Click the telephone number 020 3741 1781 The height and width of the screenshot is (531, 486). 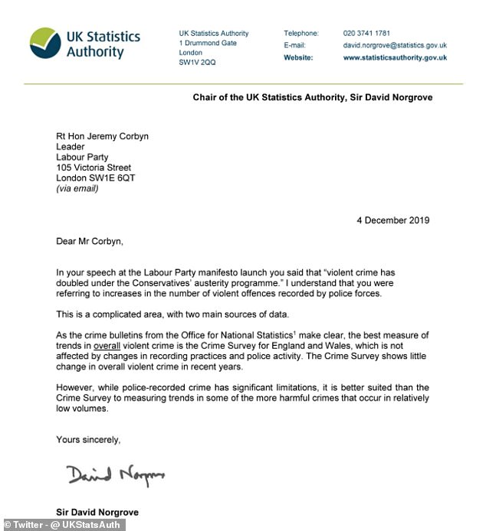(x=366, y=34)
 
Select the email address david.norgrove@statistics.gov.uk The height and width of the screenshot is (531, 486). (x=395, y=46)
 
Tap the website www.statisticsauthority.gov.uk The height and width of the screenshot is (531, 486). (x=395, y=57)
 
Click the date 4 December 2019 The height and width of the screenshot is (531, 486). (x=392, y=220)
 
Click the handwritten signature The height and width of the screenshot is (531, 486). (x=112, y=476)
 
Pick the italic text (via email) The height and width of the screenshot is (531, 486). (x=77, y=188)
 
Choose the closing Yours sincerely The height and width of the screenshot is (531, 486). (x=88, y=439)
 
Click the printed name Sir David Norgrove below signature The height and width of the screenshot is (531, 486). (x=97, y=511)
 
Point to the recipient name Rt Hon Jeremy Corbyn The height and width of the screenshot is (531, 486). (x=103, y=137)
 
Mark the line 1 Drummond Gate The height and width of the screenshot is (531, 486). (x=208, y=44)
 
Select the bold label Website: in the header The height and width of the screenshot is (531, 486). (x=299, y=57)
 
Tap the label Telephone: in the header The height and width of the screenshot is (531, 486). (x=301, y=34)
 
